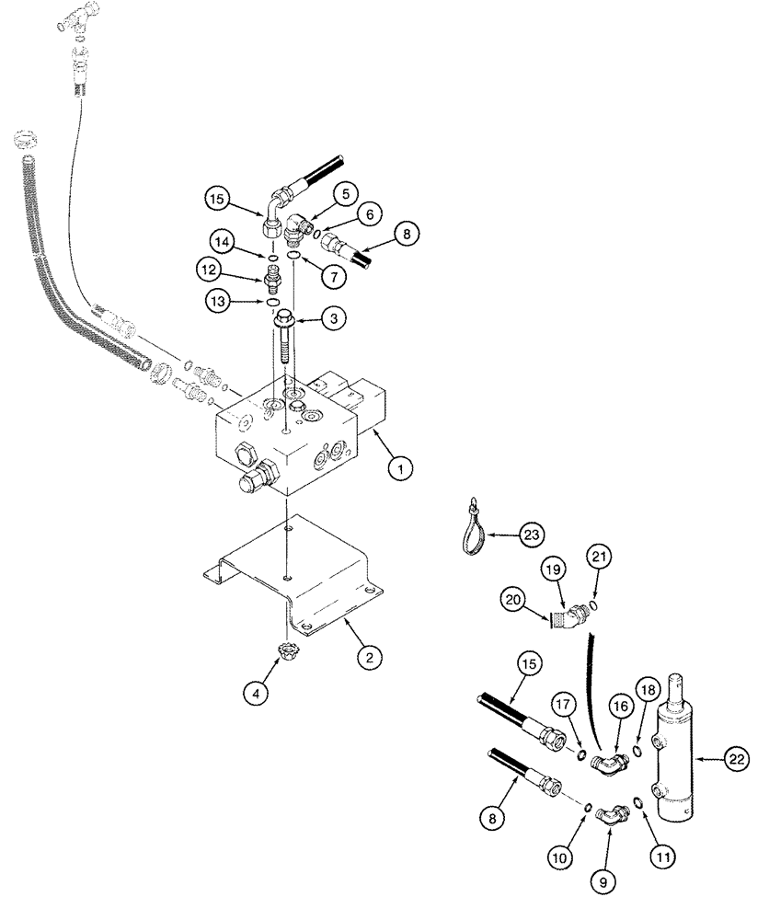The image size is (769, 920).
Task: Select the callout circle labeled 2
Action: (x=368, y=657)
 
